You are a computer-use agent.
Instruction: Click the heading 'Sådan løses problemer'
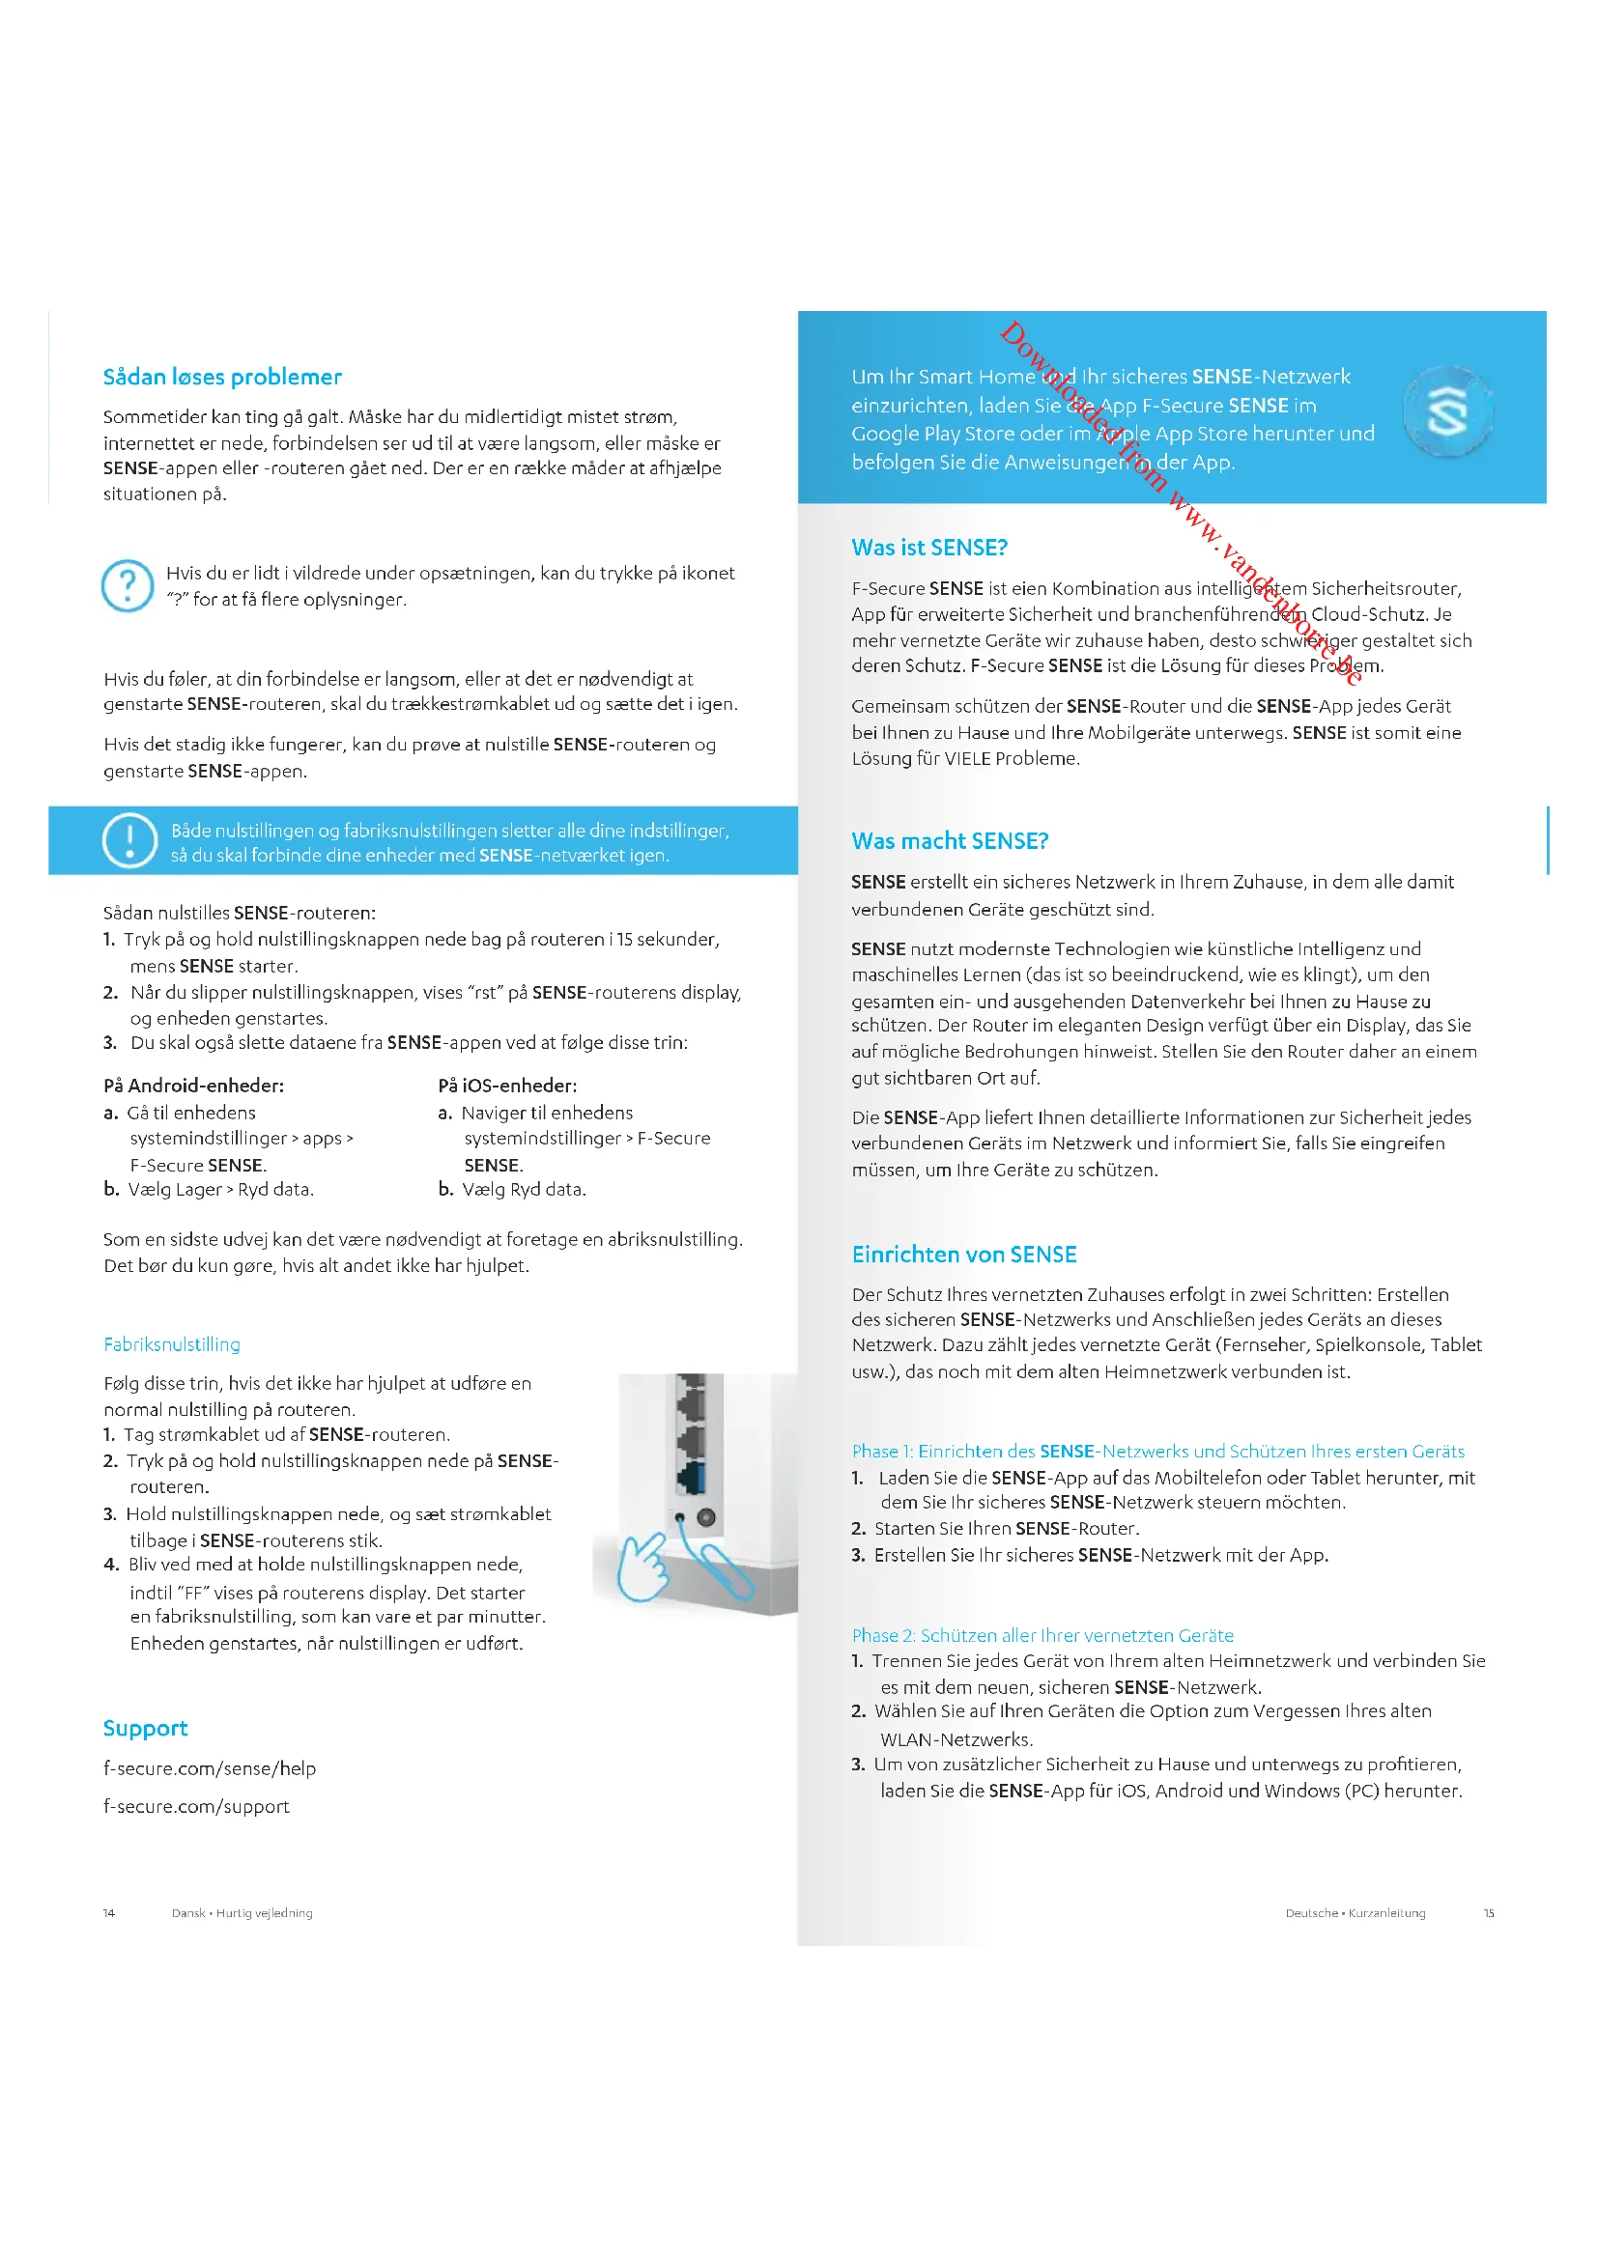(x=222, y=377)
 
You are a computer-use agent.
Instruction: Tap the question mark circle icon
(x=128, y=585)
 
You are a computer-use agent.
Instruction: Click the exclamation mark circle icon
(x=128, y=841)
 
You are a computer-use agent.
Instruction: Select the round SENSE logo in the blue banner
(x=1447, y=412)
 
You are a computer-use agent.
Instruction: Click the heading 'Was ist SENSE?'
(x=929, y=547)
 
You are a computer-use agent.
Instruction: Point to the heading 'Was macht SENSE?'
(x=950, y=841)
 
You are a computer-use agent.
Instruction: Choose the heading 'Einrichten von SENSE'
(x=964, y=1255)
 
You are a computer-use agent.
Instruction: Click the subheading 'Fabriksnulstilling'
(x=172, y=1344)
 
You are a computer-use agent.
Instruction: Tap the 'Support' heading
(x=146, y=1729)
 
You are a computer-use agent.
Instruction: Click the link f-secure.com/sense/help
(x=210, y=1768)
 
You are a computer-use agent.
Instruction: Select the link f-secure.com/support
(x=197, y=1806)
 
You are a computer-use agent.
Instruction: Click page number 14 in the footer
(x=109, y=1912)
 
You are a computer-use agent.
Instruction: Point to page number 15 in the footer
(x=1489, y=1912)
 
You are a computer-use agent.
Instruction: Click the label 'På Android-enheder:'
(x=194, y=1086)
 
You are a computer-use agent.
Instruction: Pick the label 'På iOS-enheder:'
(x=508, y=1086)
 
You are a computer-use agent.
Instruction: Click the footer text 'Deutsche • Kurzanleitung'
(x=1355, y=1912)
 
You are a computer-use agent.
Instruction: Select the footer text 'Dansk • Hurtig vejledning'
(x=243, y=1912)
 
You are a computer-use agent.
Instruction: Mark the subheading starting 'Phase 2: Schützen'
(x=1042, y=1635)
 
